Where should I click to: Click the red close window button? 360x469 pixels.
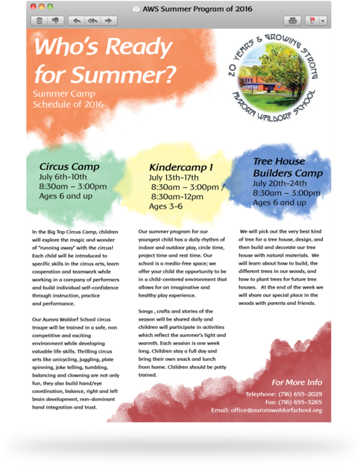point(32,7)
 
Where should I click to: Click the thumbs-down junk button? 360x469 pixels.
point(54,21)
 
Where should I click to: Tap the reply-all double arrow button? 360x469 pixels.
point(92,21)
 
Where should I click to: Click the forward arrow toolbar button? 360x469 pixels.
point(110,21)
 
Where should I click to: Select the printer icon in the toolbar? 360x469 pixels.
point(294,21)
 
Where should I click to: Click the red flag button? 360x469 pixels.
point(315,21)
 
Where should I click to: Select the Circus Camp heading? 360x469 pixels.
point(69,166)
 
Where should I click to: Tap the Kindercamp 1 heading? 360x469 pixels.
point(181,167)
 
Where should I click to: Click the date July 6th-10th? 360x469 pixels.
point(67,177)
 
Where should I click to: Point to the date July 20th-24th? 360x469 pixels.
point(280,183)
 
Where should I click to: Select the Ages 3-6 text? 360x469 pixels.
point(165,206)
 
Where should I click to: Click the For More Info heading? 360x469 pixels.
point(297,382)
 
